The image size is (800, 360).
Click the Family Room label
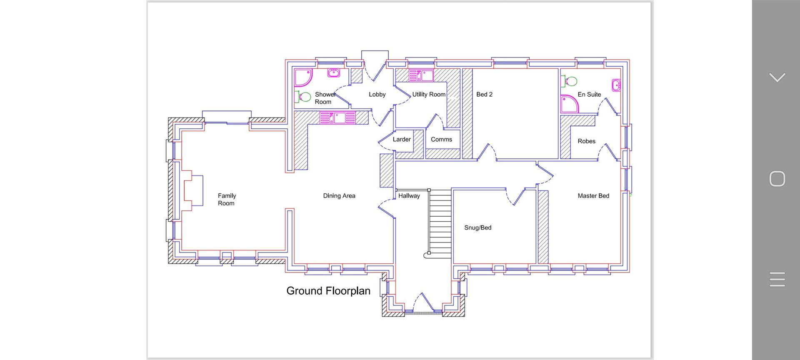227,200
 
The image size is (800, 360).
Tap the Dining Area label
339,196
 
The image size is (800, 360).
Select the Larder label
402,140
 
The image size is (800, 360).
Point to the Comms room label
441,140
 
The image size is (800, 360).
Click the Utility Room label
429,95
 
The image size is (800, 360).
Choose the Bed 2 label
484,95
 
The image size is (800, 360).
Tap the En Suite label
589,95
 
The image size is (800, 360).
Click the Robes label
586,141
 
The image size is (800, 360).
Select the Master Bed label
593,196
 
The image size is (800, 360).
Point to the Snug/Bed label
478,228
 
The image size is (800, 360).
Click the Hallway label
409,196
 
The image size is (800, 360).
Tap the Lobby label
377,95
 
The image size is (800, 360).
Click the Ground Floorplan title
328,291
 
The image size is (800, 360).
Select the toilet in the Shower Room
303,97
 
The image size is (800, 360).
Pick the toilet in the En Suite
569,81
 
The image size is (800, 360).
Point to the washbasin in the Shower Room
333,73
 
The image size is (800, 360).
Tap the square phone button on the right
777,179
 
